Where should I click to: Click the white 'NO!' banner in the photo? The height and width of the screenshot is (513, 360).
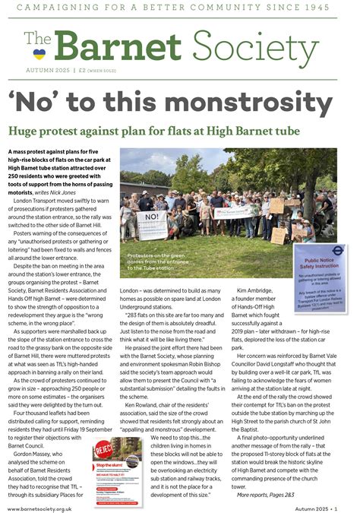(150, 221)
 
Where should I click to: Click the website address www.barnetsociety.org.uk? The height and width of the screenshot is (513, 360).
(56, 502)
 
